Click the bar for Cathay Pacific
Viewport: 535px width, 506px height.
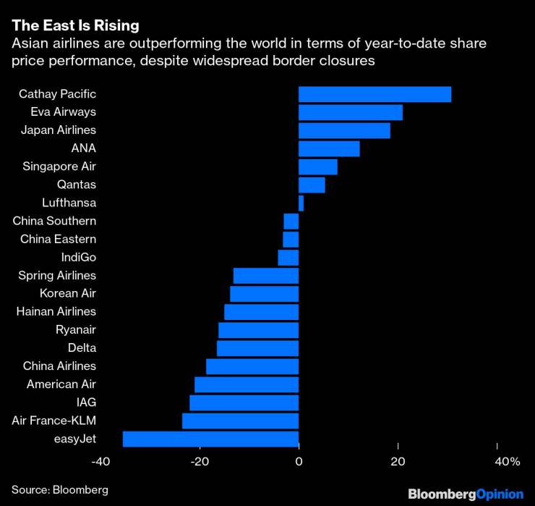click(374, 94)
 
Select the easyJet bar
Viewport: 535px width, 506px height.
click(210, 439)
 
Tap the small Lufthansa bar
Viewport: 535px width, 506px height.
click(301, 203)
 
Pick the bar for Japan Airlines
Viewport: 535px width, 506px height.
click(344, 130)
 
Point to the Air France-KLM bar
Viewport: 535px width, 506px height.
click(240, 421)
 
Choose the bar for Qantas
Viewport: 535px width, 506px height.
click(312, 185)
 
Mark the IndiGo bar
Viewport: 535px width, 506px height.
click(288, 258)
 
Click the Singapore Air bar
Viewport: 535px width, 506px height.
click(318, 166)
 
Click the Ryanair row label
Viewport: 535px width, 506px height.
click(76, 330)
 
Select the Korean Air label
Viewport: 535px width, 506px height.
click(68, 294)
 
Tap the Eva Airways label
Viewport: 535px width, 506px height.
click(64, 112)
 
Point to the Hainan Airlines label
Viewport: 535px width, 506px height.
click(56, 312)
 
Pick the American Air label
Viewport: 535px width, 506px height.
click(61, 384)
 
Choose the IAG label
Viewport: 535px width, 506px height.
click(85, 402)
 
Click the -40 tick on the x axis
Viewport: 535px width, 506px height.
click(101, 462)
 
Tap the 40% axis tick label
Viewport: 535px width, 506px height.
click(507, 462)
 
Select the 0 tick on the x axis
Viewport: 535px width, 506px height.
click(299, 462)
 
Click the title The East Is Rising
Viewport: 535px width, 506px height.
click(75, 26)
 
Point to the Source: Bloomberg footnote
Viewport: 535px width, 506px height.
click(60, 490)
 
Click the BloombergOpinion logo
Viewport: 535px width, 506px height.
click(466, 494)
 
